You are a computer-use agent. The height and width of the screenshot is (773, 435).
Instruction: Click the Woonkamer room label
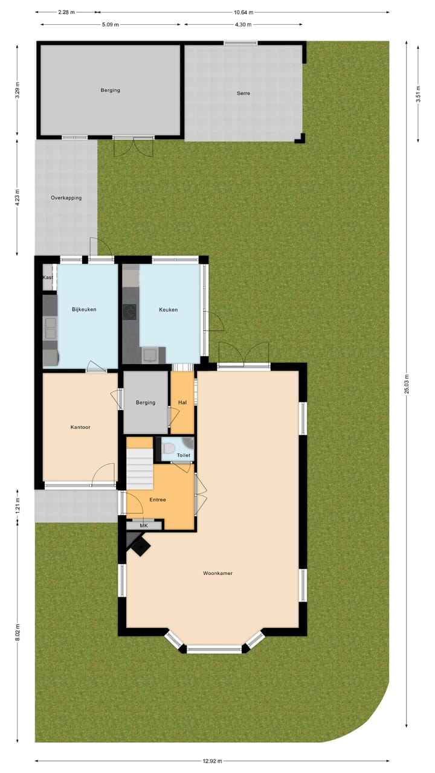click(x=217, y=573)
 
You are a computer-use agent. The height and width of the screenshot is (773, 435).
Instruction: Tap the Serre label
click(x=243, y=94)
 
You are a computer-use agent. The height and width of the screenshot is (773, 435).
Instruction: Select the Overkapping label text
click(x=66, y=197)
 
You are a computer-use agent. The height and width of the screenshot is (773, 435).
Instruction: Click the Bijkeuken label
click(x=84, y=309)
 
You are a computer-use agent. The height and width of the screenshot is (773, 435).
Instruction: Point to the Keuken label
click(x=168, y=310)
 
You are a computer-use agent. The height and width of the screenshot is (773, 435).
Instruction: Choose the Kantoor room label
click(x=80, y=427)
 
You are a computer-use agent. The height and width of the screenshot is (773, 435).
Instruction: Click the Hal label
click(x=182, y=402)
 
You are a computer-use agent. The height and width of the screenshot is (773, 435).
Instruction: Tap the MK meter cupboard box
click(x=144, y=525)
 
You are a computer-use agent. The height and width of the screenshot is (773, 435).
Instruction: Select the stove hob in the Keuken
click(x=130, y=312)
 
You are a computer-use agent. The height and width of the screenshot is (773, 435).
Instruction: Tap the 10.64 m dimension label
click(x=243, y=12)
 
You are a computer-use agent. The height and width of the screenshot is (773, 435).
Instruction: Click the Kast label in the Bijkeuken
click(x=47, y=277)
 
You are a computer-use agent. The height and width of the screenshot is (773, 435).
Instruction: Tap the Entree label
click(x=158, y=499)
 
